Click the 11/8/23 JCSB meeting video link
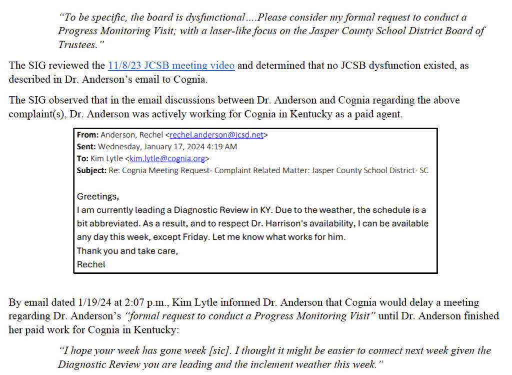coord(171,66)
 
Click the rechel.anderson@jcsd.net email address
coord(216,135)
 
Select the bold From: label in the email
coord(87,135)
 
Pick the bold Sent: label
coord(86,147)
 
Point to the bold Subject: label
coord(91,170)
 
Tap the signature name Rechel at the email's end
coord(91,264)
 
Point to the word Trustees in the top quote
coord(75,45)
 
